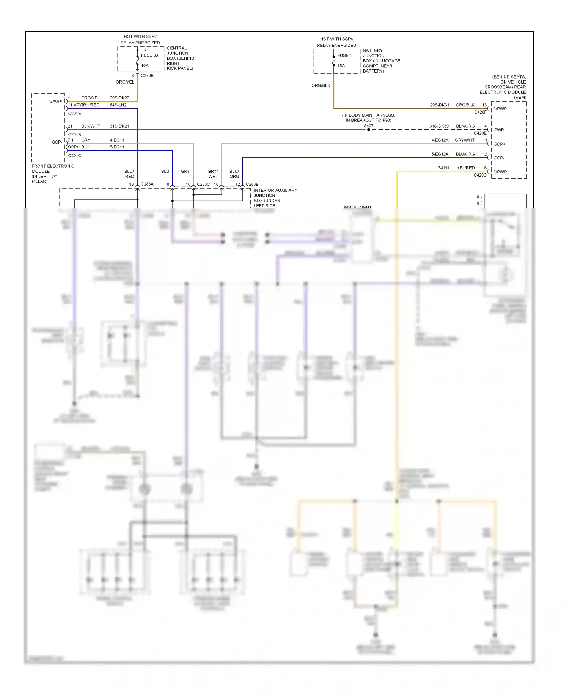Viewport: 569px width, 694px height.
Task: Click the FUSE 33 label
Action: pyautogui.click(x=149, y=55)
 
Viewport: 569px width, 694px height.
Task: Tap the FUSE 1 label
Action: pyautogui.click(x=344, y=55)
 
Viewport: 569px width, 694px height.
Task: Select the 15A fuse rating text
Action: pyautogui.click(x=341, y=66)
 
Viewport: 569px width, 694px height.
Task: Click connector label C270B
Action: pyautogui.click(x=147, y=76)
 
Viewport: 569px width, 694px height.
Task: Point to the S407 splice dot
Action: pyautogui.click(x=368, y=129)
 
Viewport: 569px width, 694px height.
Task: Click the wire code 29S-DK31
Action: pyautogui.click(x=439, y=105)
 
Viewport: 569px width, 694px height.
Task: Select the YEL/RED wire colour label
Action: pyautogui.click(x=465, y=168)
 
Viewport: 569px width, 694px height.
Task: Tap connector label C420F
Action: pyautogui.click(x=480, y=112)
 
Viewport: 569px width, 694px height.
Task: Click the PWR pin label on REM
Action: pyautogui.click(x=499, y=130)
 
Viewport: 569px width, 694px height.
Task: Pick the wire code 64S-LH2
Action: pyautogui.click(x=118, y=105)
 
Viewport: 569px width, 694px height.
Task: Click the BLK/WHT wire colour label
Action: pyautogui.click(x=91, y=126)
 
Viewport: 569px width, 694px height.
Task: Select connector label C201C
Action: pyautogui.click(x=74, y=155)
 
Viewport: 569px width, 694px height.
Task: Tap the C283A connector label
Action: pyautogui.click(x=147, y=184)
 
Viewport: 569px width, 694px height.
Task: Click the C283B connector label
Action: pyautogui.click(x=252, y=184)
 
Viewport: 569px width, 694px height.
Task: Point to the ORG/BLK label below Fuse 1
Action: pyautogui.click(x=321, y=85)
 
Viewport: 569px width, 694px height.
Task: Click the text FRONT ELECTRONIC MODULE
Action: pyautogui.click(x=53, y=169)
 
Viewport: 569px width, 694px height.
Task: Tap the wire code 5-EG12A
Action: pyautogui.click(x=440, y=154)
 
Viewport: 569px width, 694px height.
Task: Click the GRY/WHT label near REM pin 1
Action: pyautogui.click(x=465, y=140)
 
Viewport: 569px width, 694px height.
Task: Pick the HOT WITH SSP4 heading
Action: pyautogui.click(x=336, y=39)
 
